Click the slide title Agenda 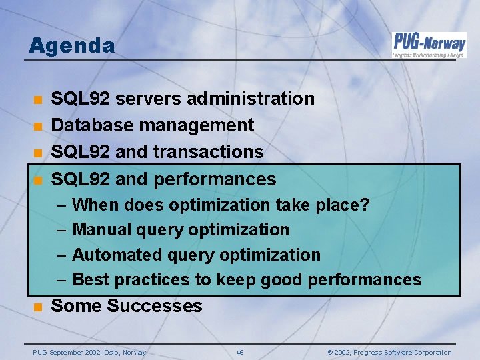tap(71, 46)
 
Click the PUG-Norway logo tap(429, 44)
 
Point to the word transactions tap(208, 152)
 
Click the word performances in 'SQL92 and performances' tap(215, 179)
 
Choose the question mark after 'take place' tap(364, 205)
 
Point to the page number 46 tap(240, 352)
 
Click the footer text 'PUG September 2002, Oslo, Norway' tap(90, 352)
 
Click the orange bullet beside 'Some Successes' tap(39, 307)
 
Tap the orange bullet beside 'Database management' tap(39, 126)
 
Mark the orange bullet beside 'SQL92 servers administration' tap(39, 99)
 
